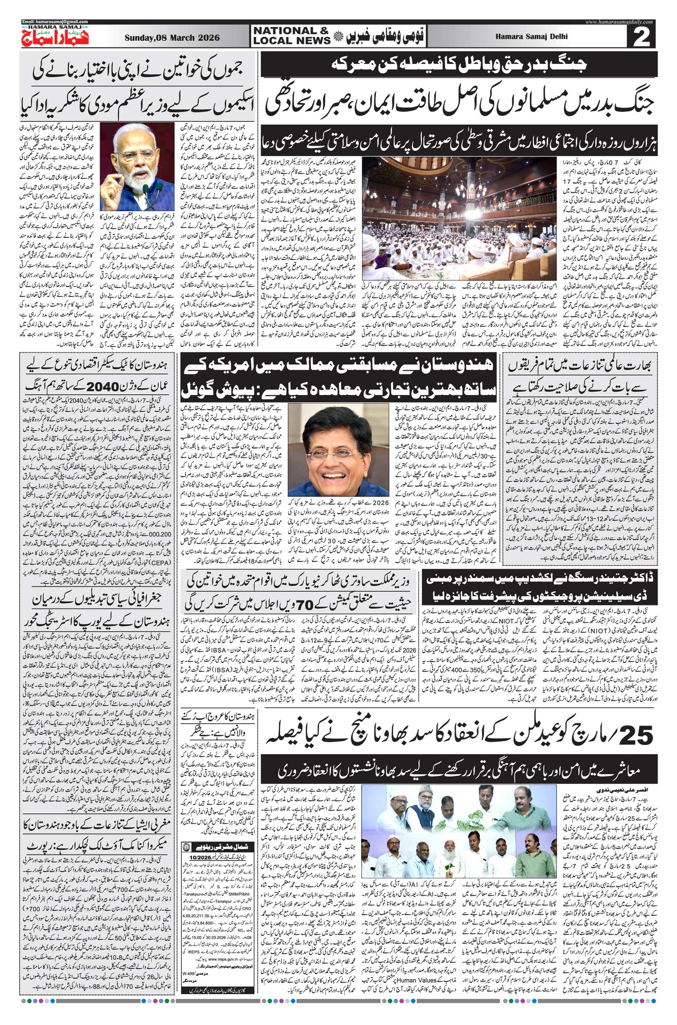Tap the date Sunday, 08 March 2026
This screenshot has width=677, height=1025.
pyautogui.click(x=172, y=37)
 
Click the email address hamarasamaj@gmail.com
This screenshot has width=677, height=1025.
pyautogui.click(x=54, y=22)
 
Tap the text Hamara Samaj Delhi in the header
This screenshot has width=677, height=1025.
pyautogui.click(x=537, y=36)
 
